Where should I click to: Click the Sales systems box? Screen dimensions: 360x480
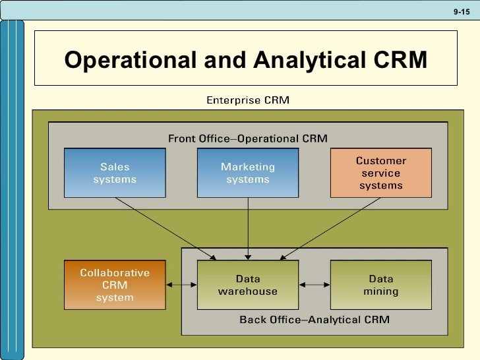[115, 173]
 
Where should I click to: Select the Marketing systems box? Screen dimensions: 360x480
[248, 173]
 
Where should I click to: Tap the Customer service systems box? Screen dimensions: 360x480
[381, 173]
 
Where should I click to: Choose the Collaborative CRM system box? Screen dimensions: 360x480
[115, 285]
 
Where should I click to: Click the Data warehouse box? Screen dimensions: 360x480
[248, 285]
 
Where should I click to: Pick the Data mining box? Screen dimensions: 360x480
[381, 285]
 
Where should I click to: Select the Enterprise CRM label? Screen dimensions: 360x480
[248, 101]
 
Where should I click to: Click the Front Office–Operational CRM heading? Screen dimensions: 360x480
[248, 138]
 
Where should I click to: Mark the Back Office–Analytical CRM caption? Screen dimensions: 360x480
[315, 320]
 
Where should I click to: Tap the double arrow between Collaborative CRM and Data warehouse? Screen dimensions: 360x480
[182, 285]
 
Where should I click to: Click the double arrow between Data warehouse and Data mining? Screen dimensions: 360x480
[315, 285]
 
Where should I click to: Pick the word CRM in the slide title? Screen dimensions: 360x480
[400, 60]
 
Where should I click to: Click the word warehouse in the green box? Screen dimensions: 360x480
[248, 291]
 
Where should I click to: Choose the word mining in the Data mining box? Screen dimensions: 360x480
[381, 291]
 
